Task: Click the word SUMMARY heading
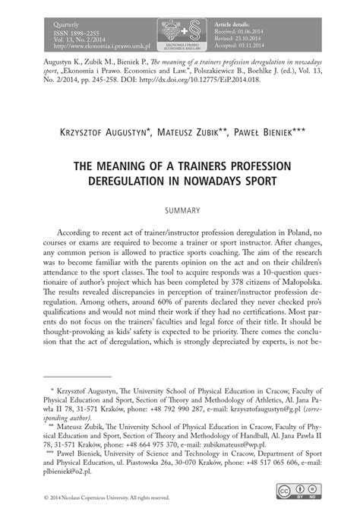[180, 209]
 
